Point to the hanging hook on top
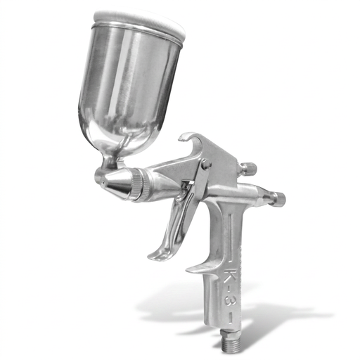pos(191,141)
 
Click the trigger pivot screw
pos(206,165)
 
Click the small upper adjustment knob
pos(247,169)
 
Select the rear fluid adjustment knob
pos(278,199)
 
